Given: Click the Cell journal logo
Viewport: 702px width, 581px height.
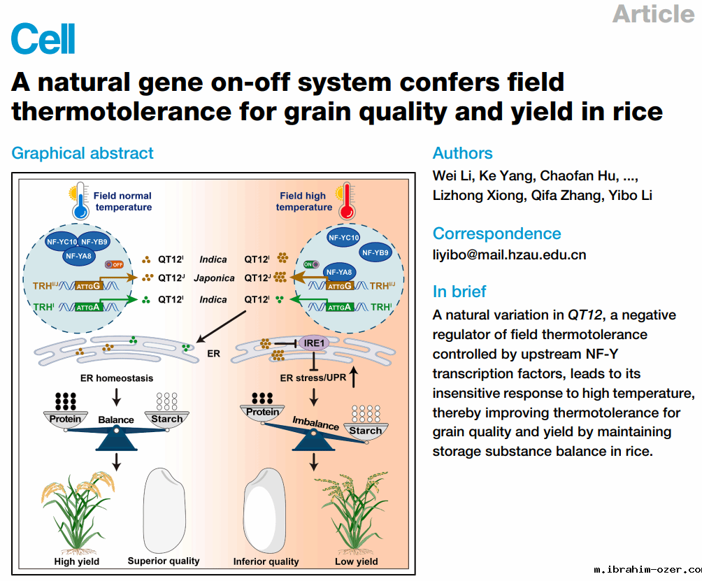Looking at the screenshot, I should point(43,39).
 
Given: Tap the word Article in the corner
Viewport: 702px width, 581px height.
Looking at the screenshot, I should point(653,13).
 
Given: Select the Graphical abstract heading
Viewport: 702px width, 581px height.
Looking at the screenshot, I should point(83,153).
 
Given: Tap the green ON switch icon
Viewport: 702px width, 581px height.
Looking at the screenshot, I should point(311,264).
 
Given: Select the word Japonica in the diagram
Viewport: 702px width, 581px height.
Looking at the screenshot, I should point(214,278).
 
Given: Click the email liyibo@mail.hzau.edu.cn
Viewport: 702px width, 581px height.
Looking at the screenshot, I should point(509,254).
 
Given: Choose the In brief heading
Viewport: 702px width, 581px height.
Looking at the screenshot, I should point(459,292).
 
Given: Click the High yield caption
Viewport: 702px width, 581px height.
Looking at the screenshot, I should point(77,561).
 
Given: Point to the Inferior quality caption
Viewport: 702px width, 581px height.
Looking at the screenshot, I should point(266,561).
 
